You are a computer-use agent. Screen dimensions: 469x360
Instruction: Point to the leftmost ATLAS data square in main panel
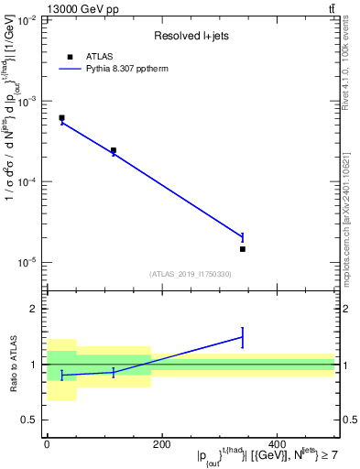click(x=61, y=118)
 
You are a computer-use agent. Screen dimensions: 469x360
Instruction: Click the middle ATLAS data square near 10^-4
click(x=114, y=150)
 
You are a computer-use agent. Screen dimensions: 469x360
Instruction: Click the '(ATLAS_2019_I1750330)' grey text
click(x=191, y=274)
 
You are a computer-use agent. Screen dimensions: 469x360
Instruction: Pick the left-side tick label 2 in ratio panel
click(x=34, y=309)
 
